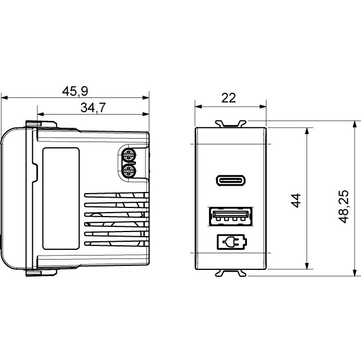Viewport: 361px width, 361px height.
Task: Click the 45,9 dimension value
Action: point(75,91)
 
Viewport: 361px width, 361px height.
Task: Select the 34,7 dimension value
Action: point(93,108)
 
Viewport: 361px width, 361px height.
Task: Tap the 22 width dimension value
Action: point(229,98)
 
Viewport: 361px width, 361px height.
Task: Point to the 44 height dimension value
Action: point(296,201)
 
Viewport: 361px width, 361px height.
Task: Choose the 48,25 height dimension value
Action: point(344,206)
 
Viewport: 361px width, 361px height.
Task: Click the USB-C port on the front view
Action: point(231,180)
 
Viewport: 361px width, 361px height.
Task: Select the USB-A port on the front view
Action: point(231,217)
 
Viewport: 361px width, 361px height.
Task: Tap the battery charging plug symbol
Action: point(232,242)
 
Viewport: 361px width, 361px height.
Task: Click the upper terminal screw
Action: point(128,155)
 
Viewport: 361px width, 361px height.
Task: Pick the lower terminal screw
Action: point(128,171)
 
